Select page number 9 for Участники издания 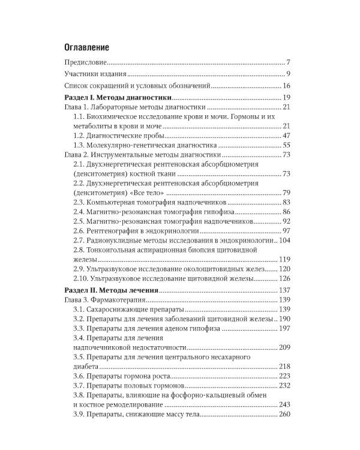pos(288,74)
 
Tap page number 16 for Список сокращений pos(286,86)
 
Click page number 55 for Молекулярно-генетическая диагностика pos(286,146)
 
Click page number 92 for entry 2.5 pos(286,221)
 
